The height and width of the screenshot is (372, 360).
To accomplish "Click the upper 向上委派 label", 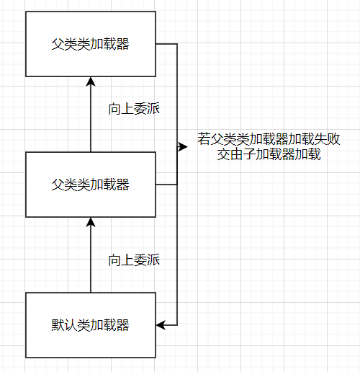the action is [x=134, y=109].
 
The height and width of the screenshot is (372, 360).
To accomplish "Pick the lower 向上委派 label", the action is [x=134, y=260].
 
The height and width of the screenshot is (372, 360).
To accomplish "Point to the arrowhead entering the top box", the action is [x=91, y=81].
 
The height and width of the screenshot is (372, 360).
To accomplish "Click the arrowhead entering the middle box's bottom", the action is [x=91, y=222].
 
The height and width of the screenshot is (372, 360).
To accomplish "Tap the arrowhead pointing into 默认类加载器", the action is [x=161, y=325].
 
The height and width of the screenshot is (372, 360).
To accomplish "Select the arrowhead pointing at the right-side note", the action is [x=183, y=146].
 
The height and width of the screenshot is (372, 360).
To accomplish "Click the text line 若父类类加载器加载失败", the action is [x=269, y=139].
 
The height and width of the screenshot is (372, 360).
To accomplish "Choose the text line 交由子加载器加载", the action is [x=269, y=154].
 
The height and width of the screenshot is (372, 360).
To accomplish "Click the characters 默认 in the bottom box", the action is [x=64, y=325].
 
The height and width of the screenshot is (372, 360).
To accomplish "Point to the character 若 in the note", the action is [x=204, y=139].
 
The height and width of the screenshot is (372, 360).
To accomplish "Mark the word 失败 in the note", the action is [x=328, y=139].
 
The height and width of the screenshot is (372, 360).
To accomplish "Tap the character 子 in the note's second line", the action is [x=250, y=154].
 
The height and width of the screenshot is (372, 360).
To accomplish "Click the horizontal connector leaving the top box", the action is [x=166, y=44].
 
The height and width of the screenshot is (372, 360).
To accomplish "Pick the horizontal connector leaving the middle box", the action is [x=166, y=185].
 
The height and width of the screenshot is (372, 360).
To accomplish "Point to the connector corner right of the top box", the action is [x=177, y=44].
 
